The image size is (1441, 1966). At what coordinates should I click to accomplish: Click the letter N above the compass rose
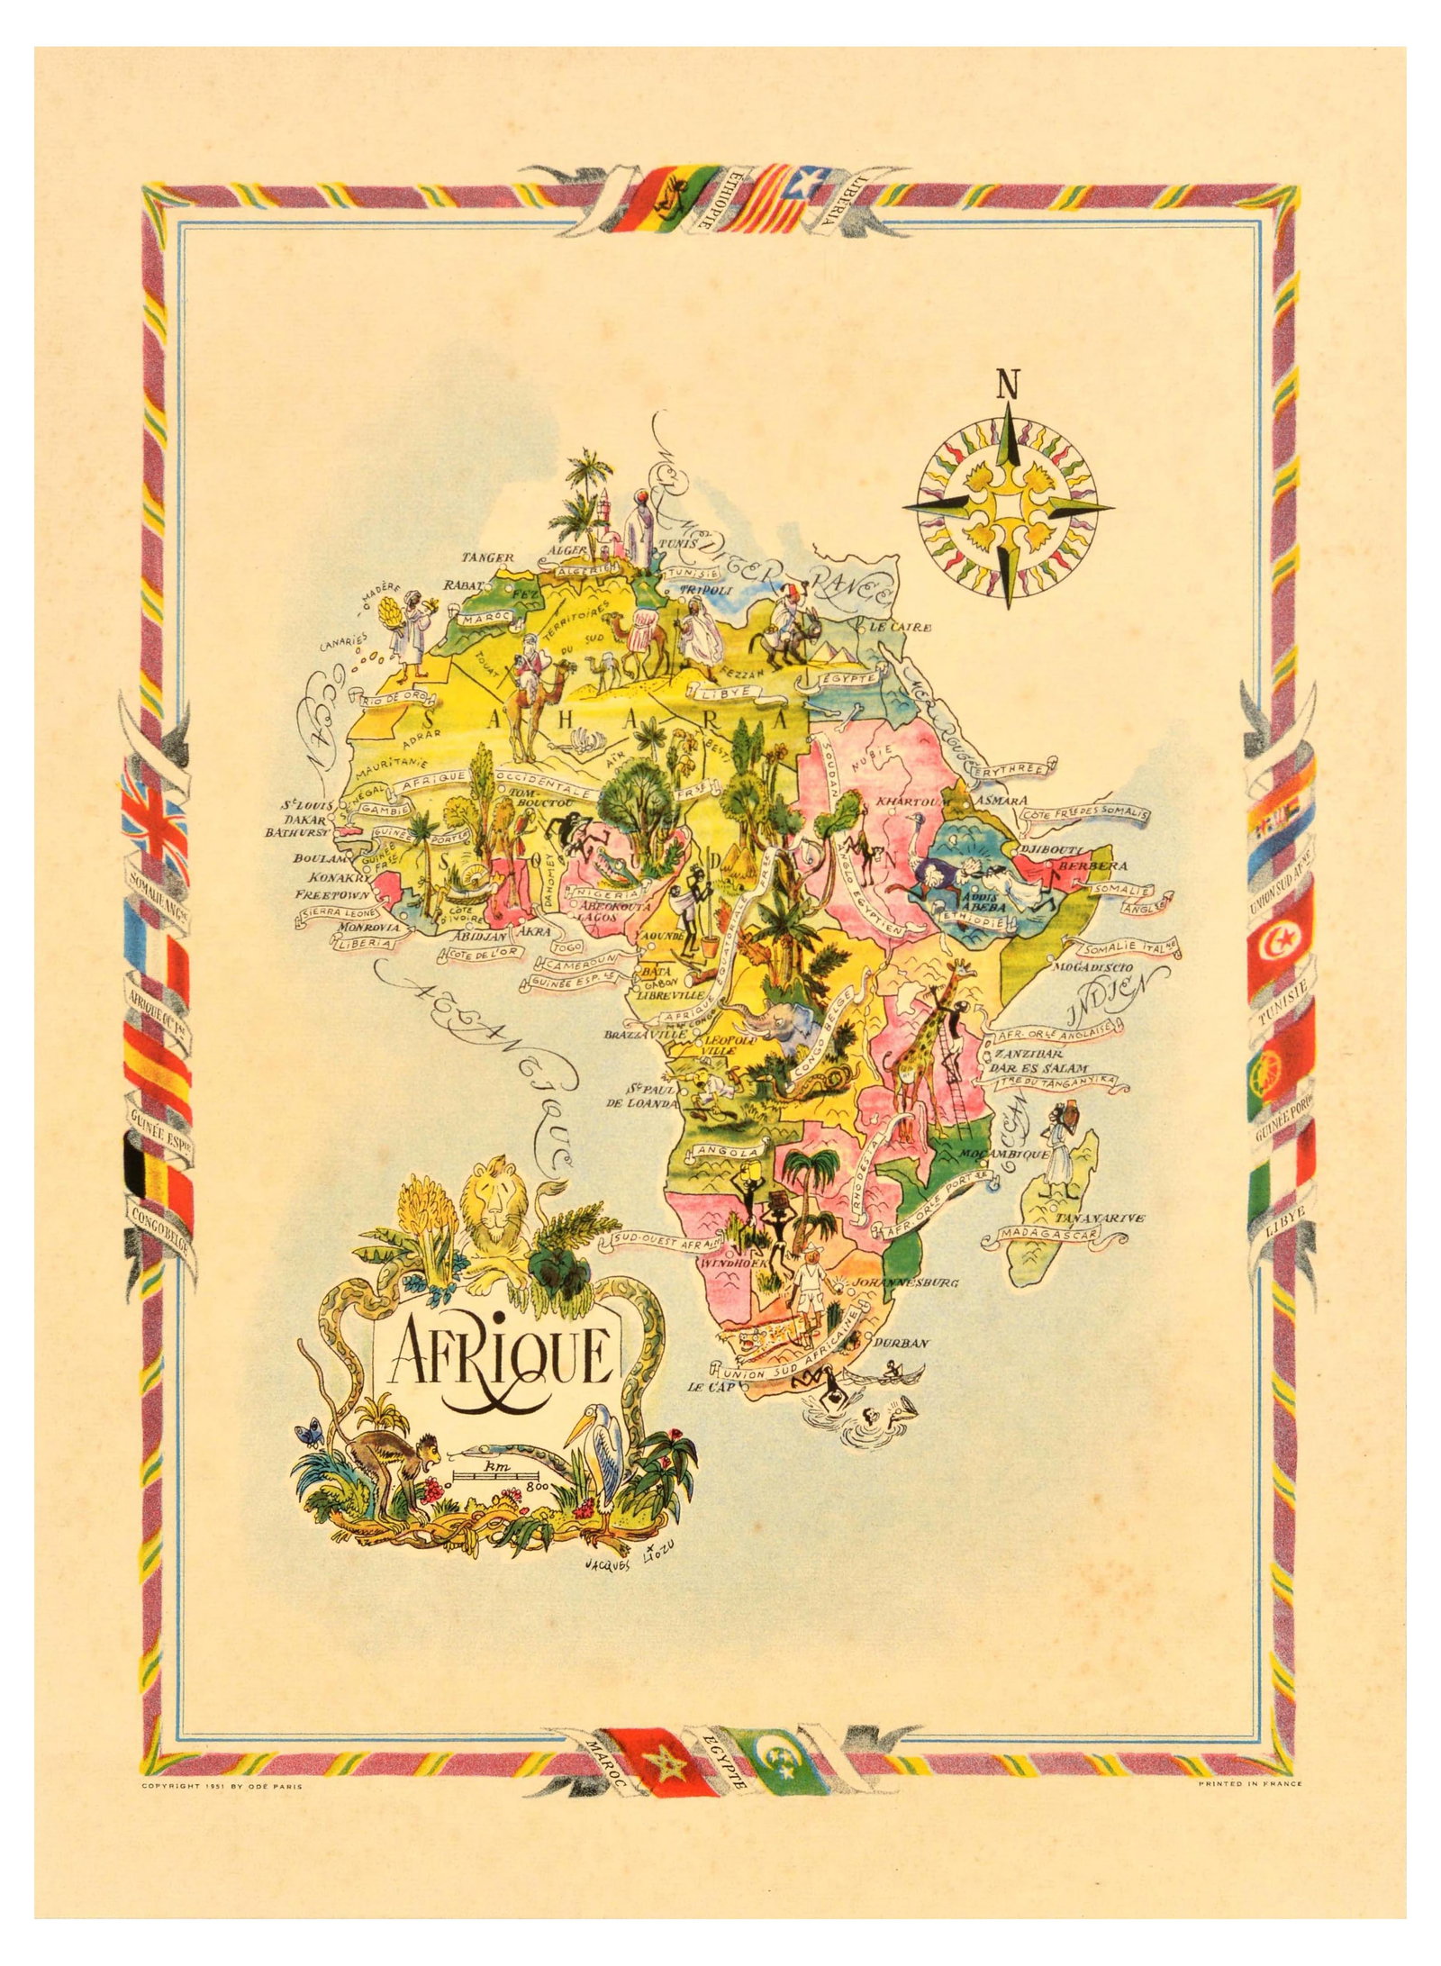[1008, 385]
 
